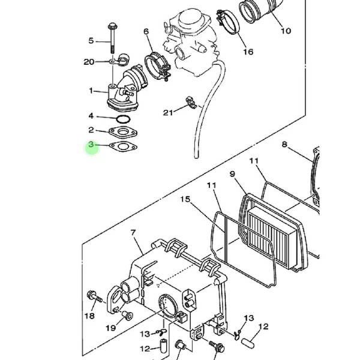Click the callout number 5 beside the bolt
(91, 41)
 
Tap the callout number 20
(89, 62)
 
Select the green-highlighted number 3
(91, 145)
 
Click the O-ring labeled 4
(123, 119)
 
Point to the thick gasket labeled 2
(123, 133)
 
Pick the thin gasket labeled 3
(123, 147)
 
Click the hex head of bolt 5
(113, 26)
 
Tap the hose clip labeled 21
(191, 103)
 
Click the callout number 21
(168, 113)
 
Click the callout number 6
(146, 31)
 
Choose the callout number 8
(284, 145)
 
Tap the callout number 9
(232, 174)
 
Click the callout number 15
(185, 199)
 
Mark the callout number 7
(133, 233)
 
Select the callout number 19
(110, 328)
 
